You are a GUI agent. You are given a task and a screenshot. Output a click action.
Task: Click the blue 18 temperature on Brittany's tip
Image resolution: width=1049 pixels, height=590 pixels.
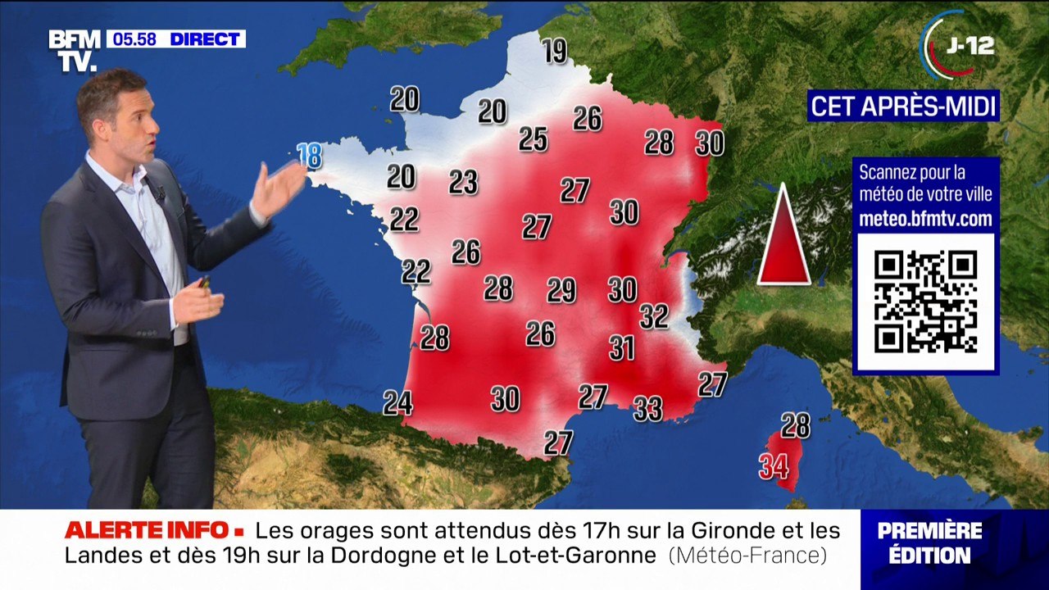(309, 155)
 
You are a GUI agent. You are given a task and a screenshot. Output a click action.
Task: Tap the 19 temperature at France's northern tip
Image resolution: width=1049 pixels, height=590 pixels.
(555, 52)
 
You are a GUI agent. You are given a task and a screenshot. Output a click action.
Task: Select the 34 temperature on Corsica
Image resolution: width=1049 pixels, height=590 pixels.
(774, 466)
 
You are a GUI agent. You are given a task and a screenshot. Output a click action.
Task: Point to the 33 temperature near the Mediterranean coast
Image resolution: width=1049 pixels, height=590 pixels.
(648, 408)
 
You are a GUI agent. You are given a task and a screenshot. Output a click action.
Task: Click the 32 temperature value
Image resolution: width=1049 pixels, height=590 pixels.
(654, 315)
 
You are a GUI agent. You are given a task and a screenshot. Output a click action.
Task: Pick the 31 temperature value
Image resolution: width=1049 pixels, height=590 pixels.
(622, 348)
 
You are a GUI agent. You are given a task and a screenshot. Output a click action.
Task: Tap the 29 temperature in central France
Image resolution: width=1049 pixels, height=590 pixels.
(561, 290)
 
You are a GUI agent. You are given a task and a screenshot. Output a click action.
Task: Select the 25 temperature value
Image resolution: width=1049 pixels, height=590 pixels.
(533, 139)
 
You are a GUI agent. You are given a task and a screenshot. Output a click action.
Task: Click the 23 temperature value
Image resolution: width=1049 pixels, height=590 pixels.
(463, 182)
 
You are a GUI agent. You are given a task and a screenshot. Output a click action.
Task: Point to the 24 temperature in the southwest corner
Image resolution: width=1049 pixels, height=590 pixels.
(397, 402)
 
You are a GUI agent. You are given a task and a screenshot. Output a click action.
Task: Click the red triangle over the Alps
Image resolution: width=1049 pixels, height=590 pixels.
(783, 238)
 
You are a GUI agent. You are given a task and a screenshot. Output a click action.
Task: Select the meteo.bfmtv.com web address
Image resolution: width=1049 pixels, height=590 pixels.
(925, 219)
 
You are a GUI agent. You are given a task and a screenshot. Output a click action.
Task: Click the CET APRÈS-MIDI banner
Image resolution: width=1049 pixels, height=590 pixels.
(903, 106)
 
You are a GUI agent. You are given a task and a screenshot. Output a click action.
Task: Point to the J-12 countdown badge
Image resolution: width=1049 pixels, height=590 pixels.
(959, 45)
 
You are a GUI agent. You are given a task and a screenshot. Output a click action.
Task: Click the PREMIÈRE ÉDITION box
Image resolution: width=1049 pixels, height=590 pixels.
(929, 542)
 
